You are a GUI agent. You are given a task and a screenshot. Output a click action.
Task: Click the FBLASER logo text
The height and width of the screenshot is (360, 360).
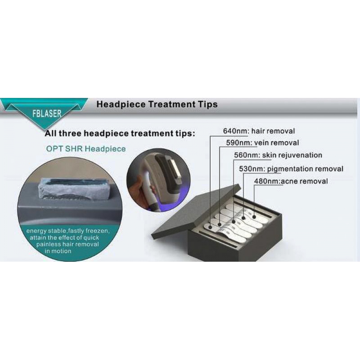[47, 113]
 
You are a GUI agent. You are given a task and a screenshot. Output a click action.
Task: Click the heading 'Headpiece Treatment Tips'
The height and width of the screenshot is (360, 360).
[157, 104]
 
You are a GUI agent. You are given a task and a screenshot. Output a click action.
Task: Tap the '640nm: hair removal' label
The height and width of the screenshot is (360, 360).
[259, 131]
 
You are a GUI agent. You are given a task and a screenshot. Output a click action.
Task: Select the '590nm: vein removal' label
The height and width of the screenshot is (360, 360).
[262, 143]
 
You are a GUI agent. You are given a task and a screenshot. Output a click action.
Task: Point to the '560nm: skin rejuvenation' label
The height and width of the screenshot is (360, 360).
[278, 155]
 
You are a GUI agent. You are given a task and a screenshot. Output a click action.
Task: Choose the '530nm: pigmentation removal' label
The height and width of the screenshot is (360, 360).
[291, 169]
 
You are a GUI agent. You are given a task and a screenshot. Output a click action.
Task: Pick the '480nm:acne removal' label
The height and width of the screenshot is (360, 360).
[291, 181]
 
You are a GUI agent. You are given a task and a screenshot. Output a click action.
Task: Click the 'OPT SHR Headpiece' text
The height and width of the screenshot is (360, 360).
[86, 149]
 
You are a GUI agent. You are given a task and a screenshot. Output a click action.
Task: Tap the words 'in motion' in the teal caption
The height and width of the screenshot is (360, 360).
[58, 251]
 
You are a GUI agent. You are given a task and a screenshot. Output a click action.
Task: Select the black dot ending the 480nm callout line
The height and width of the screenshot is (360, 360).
[254, 216]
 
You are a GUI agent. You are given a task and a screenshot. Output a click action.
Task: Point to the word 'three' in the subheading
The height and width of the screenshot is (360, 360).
[70, 134]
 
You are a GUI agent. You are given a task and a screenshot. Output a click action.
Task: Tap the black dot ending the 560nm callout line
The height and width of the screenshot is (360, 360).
[234, 222]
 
